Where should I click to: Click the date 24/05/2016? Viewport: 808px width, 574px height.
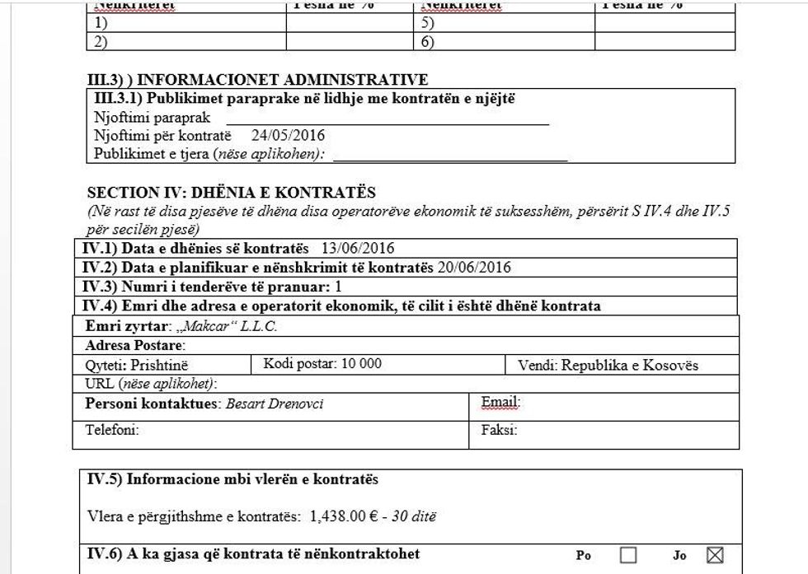(x=289, y=136)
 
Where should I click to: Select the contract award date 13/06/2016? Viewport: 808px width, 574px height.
(x=358, y=249)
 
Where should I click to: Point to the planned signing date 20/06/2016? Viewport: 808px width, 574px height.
(x=474, y=268)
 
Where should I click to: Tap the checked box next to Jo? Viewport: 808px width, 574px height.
(x=715, y=556)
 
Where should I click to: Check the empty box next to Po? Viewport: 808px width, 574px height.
(x=628, y=556)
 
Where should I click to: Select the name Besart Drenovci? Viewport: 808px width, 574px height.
(x=275, y=404)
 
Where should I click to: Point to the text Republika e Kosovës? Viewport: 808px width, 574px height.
(x=630, y=366)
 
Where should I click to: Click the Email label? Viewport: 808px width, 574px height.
(x=500, y=404)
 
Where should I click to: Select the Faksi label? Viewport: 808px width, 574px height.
(x=499, y=430)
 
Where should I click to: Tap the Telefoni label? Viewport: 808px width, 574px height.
(x=112, y=430)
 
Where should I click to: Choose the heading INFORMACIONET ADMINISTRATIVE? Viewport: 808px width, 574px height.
(x=282, y=80)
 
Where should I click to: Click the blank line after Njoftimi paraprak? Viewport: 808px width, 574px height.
(x=388, y=120)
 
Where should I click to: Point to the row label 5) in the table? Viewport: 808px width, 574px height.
(x=428, y=24)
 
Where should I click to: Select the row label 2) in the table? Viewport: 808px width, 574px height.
(x=101, y=42)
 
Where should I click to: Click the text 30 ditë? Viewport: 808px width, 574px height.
(x=413, y=517)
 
